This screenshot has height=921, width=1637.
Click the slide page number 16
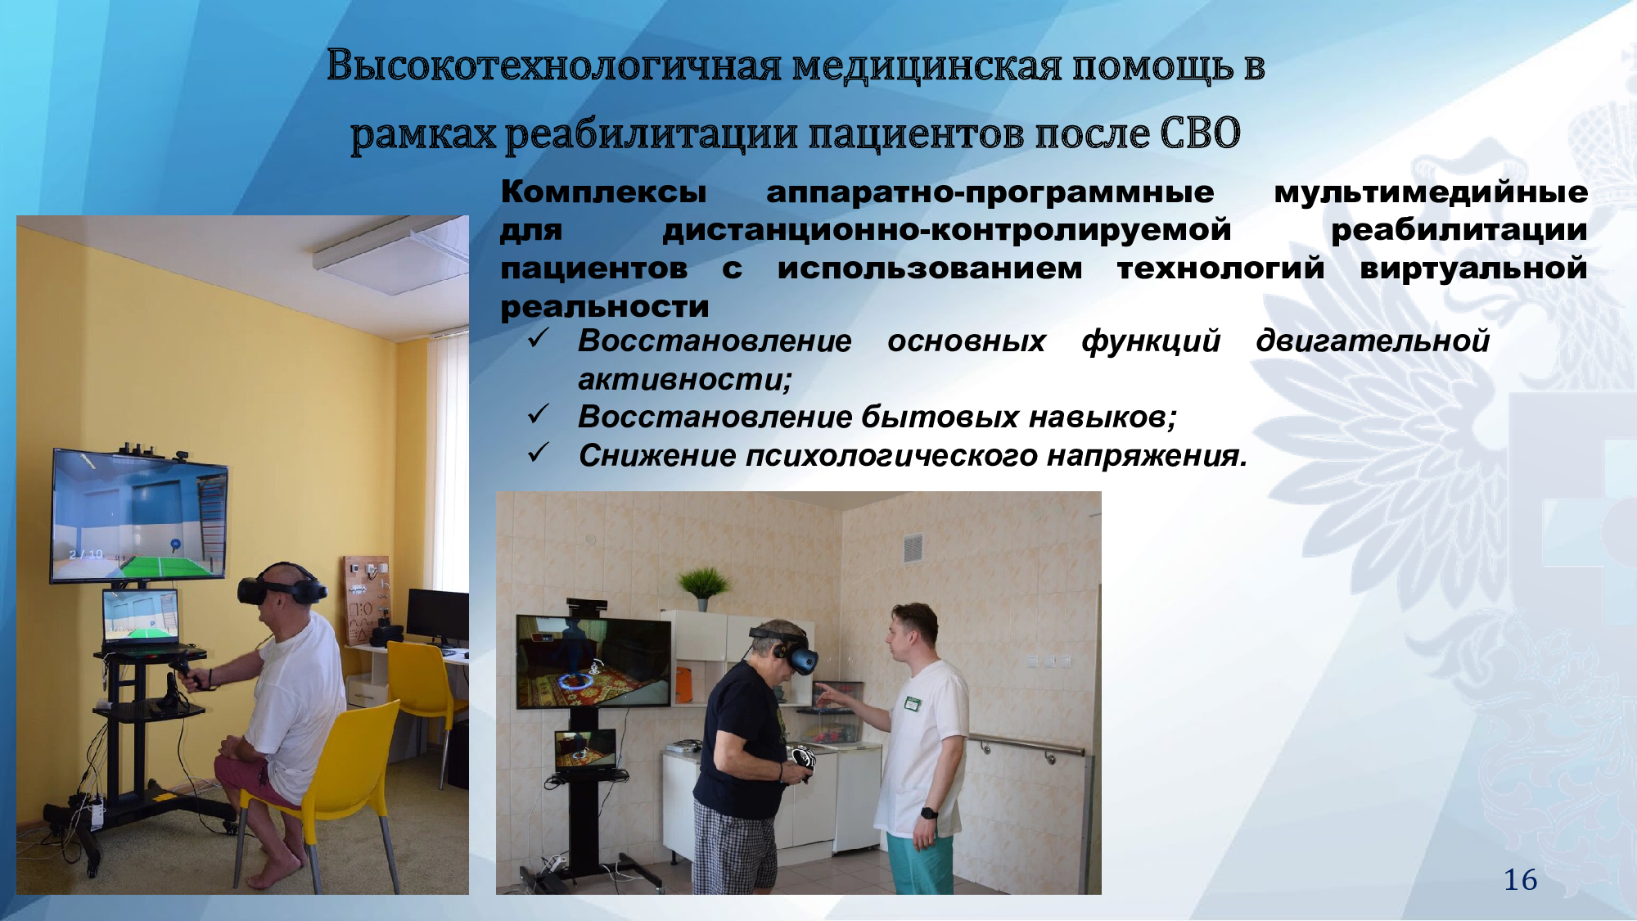1520,880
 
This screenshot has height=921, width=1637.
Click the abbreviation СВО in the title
1200,133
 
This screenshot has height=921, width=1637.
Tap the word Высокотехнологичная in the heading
554,65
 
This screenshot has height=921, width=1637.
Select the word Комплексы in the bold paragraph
603,192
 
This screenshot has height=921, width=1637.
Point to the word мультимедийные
1431,192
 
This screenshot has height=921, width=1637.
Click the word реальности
605,306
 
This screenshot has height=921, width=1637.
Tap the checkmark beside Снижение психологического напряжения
538,453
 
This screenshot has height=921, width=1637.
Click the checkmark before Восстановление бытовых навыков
538,414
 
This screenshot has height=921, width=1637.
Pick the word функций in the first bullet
1151,341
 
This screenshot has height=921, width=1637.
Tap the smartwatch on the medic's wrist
928,813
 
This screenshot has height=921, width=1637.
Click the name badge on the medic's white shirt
912,702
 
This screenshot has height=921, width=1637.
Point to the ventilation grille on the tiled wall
913,548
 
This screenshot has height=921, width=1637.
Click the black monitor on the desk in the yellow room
437,616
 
